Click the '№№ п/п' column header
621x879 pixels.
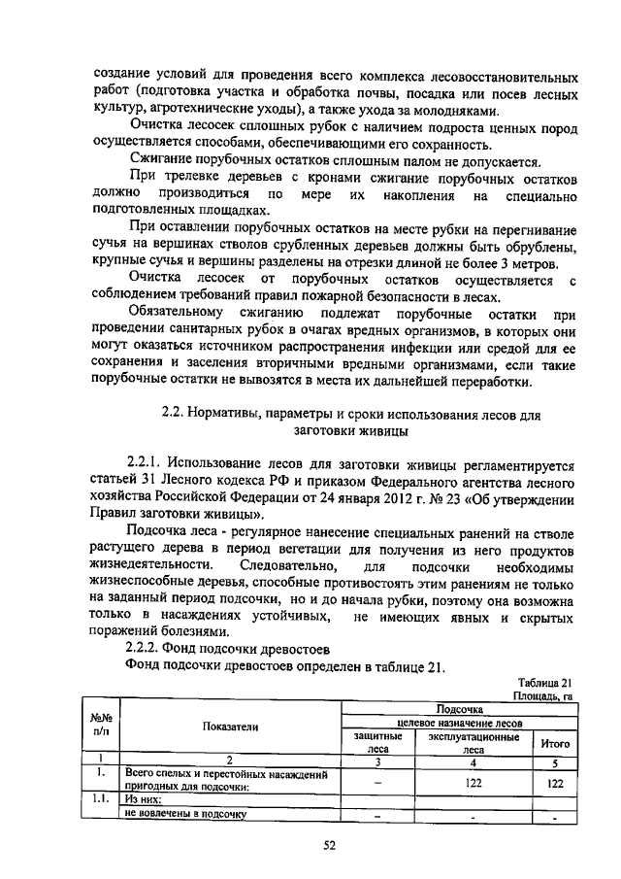[x=100, y=727]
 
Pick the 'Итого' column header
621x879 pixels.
[x=555, y=743]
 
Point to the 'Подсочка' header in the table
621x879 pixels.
[x=460, y=711]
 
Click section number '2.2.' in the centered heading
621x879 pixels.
[x=173, y=415]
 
